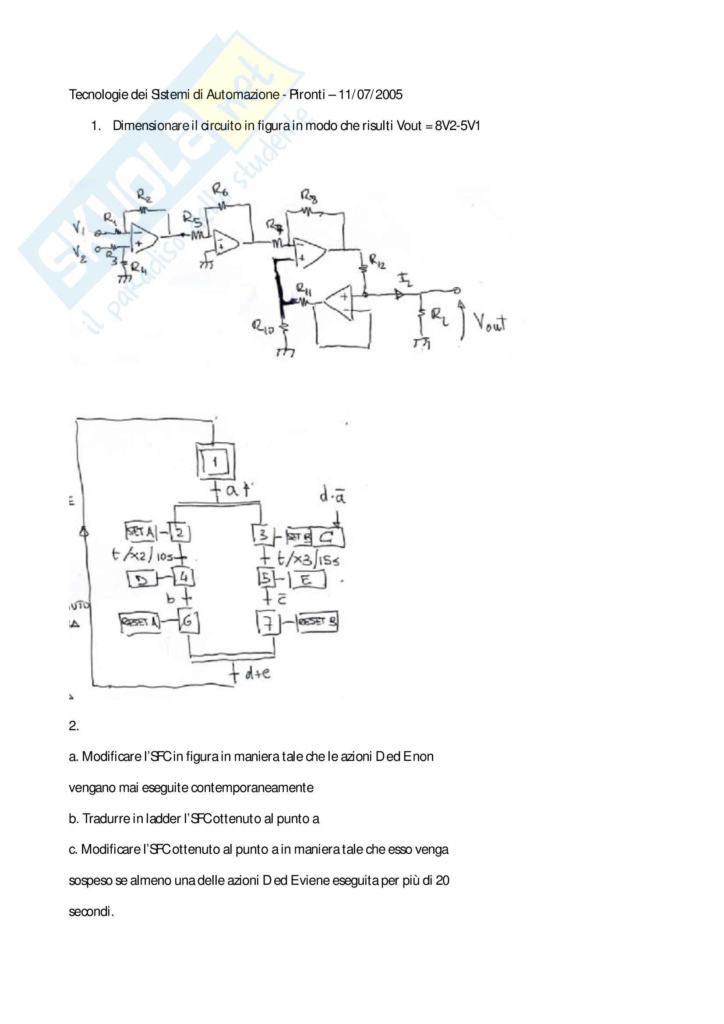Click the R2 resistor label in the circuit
[144, 195]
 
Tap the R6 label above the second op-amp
[219, 190]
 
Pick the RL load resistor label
[439, 316]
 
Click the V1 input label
[78, 229]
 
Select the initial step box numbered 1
[215, 462]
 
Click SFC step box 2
[180, 532]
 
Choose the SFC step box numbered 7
[268, 623]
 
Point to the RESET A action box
[140, 622]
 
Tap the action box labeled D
[141, 579]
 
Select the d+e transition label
[258, 673]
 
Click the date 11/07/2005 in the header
[370, 95]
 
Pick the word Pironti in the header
[307, 95]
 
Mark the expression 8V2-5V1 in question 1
[457, 126]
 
